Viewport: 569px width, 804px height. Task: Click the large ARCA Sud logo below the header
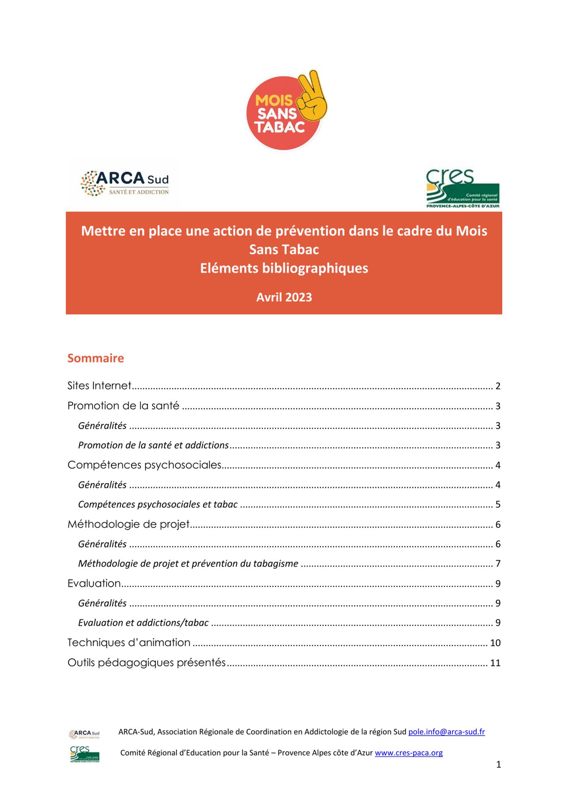125,183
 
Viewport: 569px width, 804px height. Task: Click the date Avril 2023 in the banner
284,297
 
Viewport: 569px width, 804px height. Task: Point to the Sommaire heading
96,358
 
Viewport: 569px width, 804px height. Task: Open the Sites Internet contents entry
99,386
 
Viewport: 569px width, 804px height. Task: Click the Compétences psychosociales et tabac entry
158,504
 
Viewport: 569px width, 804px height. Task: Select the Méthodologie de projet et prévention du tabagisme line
188,563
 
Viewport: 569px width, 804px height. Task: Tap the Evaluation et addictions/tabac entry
143,623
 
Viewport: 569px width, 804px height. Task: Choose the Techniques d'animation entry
129,642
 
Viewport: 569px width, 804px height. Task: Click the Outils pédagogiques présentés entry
146,662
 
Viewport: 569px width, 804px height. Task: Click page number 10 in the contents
495,643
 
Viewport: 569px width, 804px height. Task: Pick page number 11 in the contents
495,663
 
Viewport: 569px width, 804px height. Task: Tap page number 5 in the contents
498,505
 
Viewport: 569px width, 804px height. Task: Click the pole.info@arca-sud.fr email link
446,732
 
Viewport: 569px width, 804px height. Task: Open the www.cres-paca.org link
409,753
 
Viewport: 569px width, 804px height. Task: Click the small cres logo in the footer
84,754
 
